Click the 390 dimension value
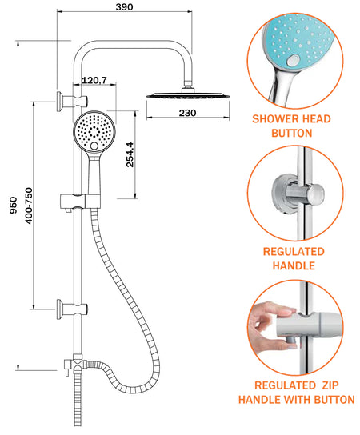(x=124, y=7)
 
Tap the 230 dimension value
(x=187, y=113)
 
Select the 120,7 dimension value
(x=94, y=80)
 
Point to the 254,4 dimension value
(x=130, y=154)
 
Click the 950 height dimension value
(x=13, y=206)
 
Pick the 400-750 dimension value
(x=29, y=206)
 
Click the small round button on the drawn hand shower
(x=94, y=146)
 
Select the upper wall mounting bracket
(x=72, y=102)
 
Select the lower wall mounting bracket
(x=72, y=309)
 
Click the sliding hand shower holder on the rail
(x=80, y=202)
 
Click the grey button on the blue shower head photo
(x=293, y=60)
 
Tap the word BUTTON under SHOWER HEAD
(x=291, y=134)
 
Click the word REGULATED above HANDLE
(x=294, y=252)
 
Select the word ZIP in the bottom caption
(x=330, y=385)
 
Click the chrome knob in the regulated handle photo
(x=314, y=193)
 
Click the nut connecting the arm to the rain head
(x=188, y=90)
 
